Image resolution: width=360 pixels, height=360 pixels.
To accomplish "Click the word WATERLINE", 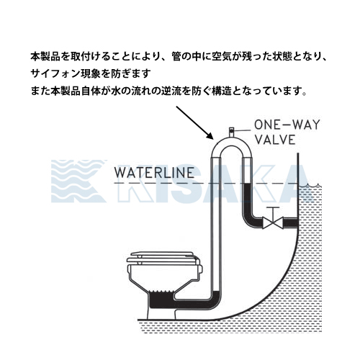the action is (x=154, y=173).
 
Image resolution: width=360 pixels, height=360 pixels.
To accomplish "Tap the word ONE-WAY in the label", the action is (x=287, y=125).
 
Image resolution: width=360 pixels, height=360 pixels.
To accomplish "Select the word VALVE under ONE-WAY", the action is (x=275, y=140).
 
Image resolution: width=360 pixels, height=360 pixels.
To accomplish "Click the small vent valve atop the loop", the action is (x=231, y=132).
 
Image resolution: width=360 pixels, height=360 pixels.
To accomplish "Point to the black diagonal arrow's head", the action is (x=210, y=136).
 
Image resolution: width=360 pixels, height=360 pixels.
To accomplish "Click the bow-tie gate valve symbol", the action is (x=273, y=223).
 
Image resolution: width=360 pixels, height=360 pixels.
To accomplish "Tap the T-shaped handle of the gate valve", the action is (x=273, y=212).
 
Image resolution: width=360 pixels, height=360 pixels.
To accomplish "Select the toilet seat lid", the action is (x=161, y=257).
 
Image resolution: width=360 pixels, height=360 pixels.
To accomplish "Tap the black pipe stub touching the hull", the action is (x=291, y=223).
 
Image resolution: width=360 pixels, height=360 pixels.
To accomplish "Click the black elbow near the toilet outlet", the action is (x=214, y=301).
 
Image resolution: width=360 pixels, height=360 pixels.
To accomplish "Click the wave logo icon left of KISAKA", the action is (x=78, y=181).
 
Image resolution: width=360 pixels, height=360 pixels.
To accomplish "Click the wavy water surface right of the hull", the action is (x=310, y=186).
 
